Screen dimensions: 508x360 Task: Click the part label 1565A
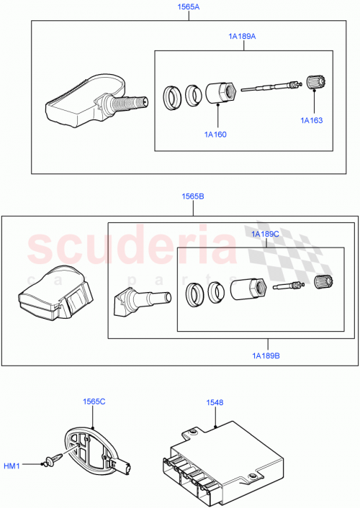click(189, 7)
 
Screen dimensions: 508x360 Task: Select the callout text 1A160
click(216, 134)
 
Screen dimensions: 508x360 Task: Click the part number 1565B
click(192, 196)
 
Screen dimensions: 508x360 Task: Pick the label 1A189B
click(267, 355)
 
